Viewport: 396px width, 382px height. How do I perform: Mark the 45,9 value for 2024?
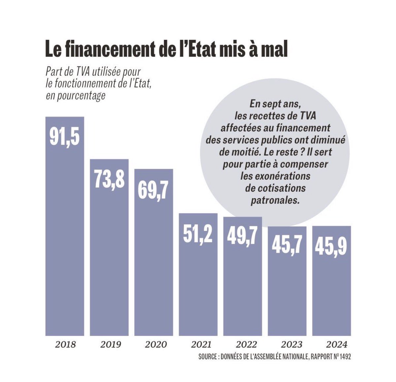pyautogui.click(x=331, y=246)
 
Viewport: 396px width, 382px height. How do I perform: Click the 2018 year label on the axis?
pyautogui.click(x=65, y=345)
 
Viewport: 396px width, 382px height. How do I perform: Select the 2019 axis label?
pyautogui.click(x=111, y=345)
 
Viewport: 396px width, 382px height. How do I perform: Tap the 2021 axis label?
pyautogui.click(x=201, y=345)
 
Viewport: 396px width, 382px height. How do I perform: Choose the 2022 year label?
pyautogui.click(x=246, y=345)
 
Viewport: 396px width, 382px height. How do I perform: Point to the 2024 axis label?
pyautogui.click(x=336, y=345)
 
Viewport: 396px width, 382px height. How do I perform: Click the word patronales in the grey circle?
pyautogui.click(x=275, y=200)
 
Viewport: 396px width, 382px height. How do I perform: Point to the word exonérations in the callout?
pyautogui.click(x=275, y=176)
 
